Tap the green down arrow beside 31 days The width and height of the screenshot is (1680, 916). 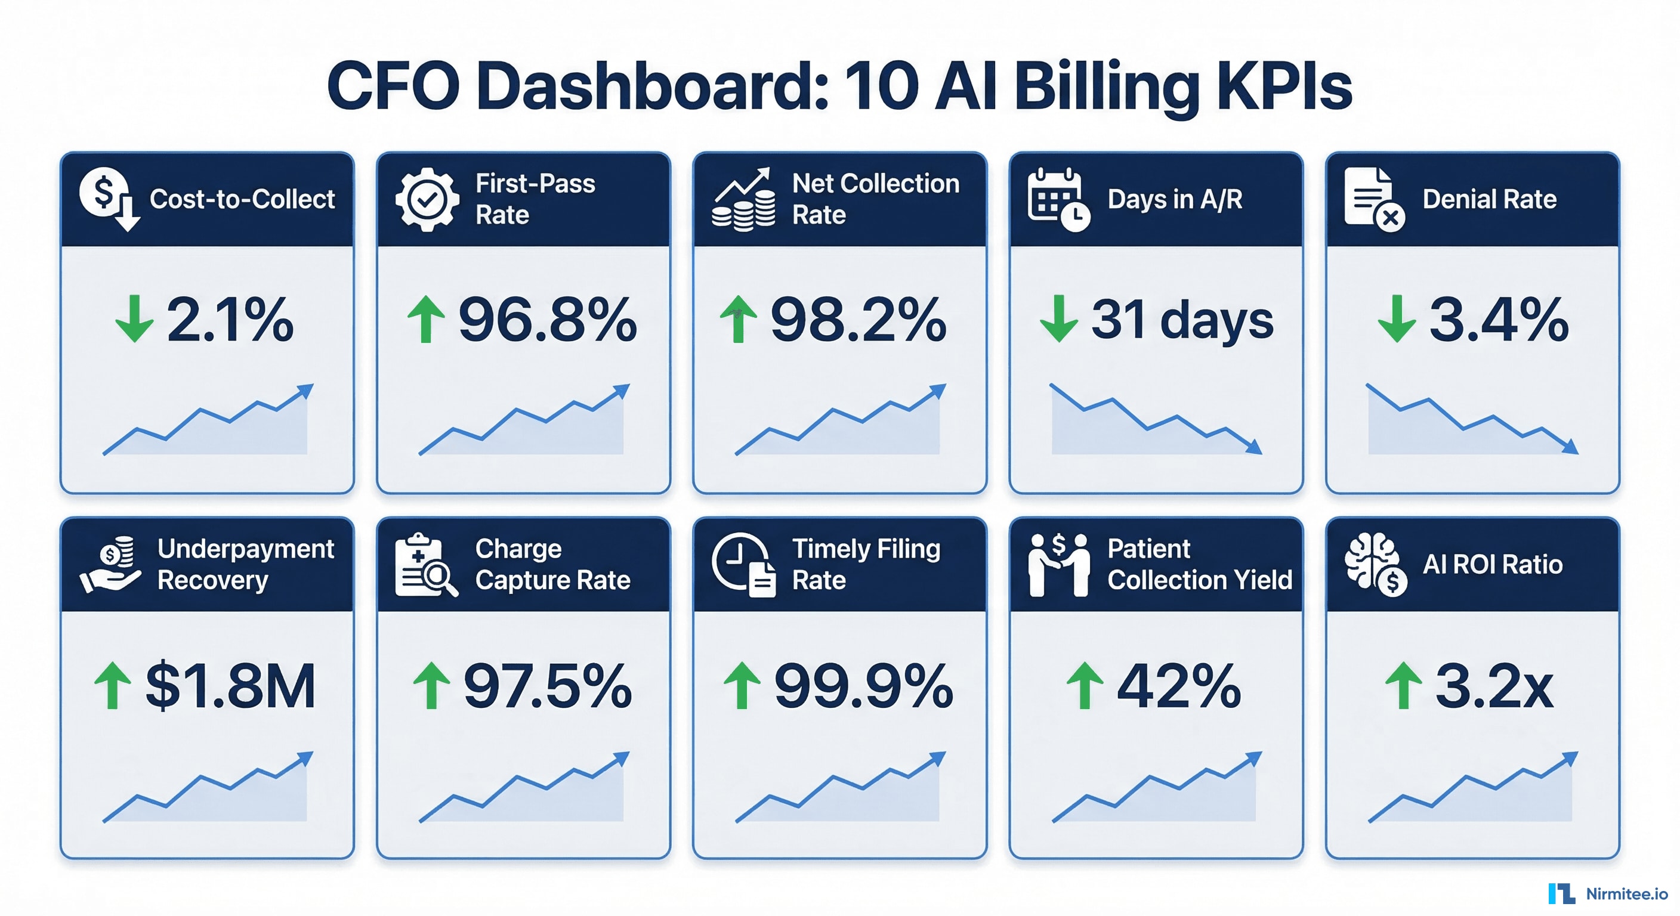[x=1058, y=318]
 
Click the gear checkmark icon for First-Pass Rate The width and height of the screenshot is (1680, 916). [x=427, y=200]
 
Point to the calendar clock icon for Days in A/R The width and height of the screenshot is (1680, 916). [x=1058, y=200]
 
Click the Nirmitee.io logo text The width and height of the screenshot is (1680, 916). [x=1626, y=894]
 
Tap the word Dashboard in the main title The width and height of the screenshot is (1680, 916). [x=652, y=86]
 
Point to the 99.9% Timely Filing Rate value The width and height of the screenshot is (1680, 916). [x=863, y=686]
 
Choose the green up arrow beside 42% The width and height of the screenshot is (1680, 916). [x=1085, y=686]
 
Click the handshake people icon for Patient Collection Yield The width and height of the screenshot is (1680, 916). [x=1058, y=565]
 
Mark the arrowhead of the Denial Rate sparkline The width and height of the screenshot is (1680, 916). [x=1572, y=447]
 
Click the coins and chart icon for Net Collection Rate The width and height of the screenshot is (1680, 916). [x=743, y=200]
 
